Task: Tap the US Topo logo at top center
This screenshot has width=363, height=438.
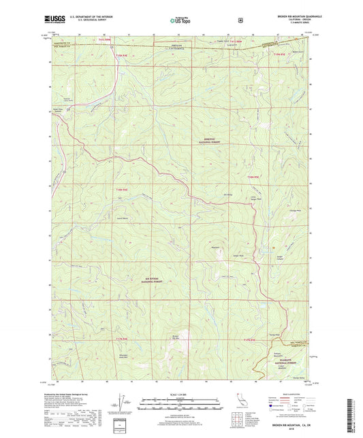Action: tap(181, 20)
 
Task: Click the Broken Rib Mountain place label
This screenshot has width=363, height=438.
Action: tap(175, 337)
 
